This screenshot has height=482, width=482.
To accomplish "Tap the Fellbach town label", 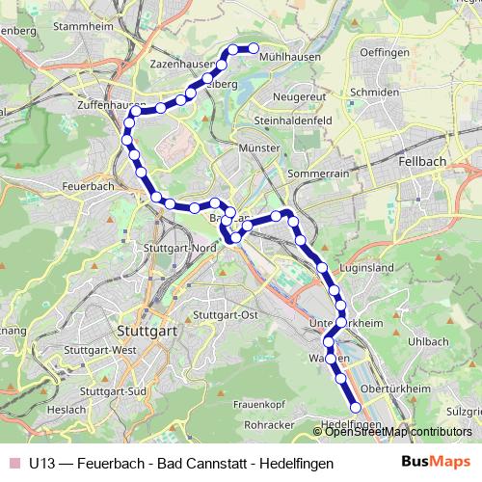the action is pos(422,163).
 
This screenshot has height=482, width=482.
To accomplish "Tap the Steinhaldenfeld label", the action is pos(293,120).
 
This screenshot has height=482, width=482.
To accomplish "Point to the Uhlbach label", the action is pos(428,341).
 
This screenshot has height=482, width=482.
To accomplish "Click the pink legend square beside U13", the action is pos(13,463).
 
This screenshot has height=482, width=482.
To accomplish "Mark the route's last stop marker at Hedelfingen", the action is pos(355,408).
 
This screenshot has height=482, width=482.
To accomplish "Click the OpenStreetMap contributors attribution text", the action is pos(398,431).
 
